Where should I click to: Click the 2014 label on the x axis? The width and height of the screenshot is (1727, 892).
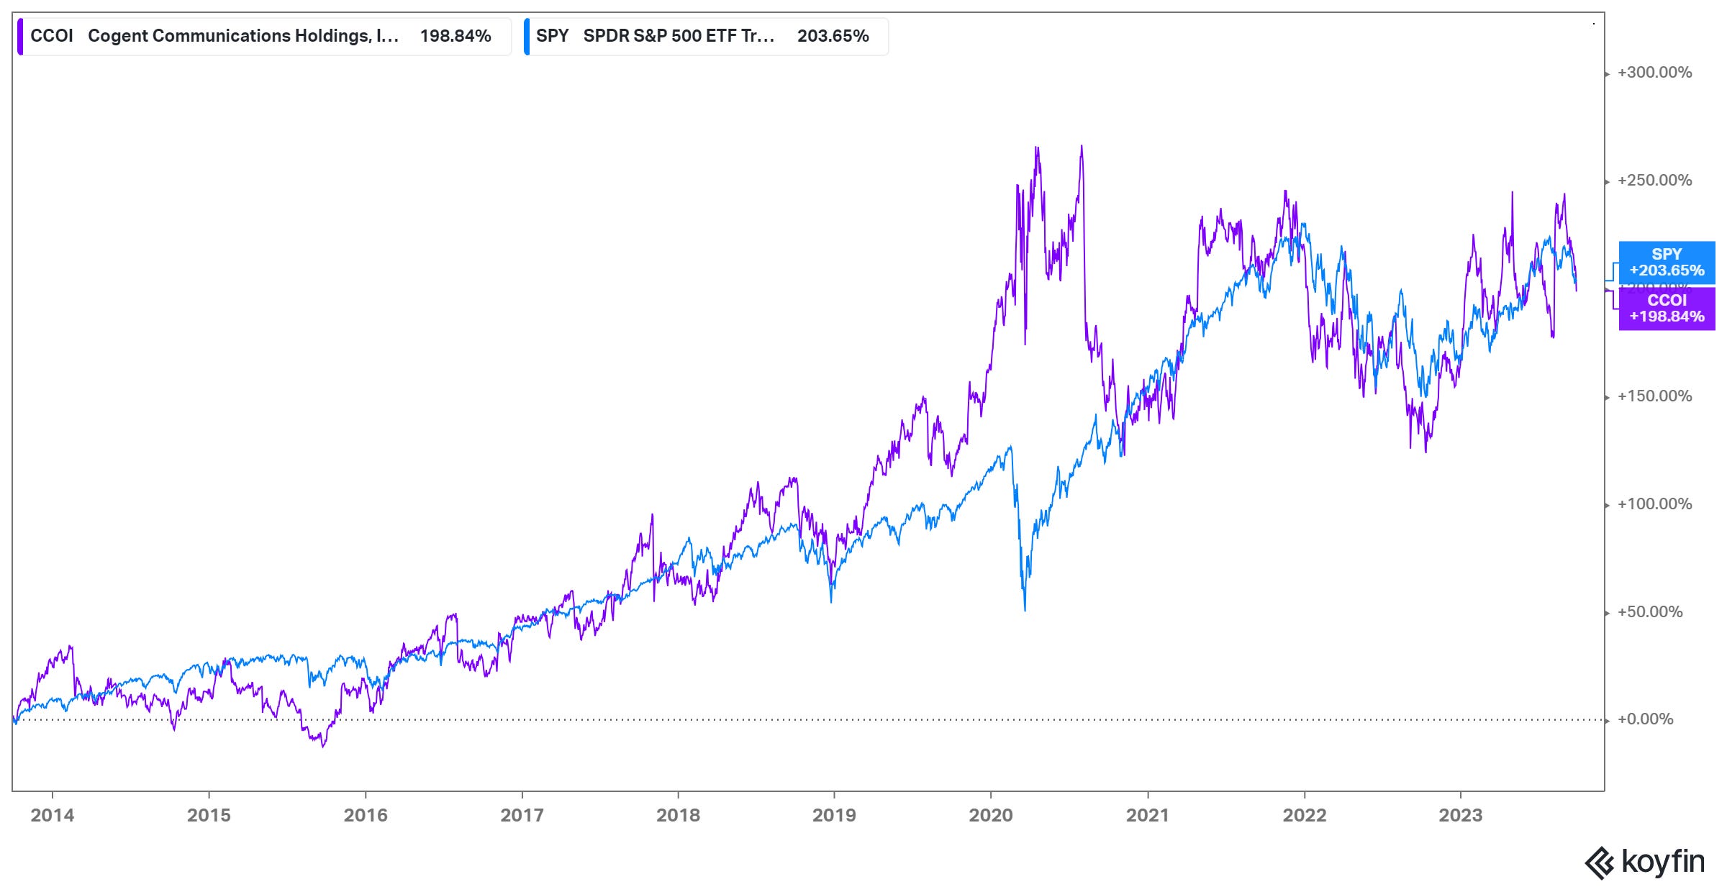point(52,815)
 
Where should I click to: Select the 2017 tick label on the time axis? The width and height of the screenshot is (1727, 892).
point(522,815)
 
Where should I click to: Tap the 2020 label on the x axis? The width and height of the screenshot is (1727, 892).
point(991,815)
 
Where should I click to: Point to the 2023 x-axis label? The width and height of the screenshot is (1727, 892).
point(1460,815)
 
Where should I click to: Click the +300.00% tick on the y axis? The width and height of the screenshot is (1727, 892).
point(1654,73)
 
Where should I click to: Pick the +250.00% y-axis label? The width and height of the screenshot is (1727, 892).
point(1654,181)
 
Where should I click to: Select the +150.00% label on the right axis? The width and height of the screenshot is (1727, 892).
point(1654,396)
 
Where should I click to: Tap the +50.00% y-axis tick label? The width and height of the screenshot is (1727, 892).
point(1650,612)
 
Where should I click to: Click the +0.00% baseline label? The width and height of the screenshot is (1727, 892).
point(1646,719)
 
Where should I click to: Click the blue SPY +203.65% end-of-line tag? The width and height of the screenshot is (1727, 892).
point(1667,263)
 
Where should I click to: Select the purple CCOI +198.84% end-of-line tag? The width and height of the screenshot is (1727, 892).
point(1667,309)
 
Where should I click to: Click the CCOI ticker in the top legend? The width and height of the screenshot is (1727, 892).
point(52,36)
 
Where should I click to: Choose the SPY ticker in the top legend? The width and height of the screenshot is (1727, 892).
point(552,36)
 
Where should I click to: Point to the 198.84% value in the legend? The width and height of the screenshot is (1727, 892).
point(455,36)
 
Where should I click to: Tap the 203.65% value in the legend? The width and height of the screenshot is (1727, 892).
point(833,36)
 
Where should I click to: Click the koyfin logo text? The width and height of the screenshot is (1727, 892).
point(1662,861)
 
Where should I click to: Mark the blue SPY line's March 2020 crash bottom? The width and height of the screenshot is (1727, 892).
point(1025,610)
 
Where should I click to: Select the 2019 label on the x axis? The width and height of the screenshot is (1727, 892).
point(834,815)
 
